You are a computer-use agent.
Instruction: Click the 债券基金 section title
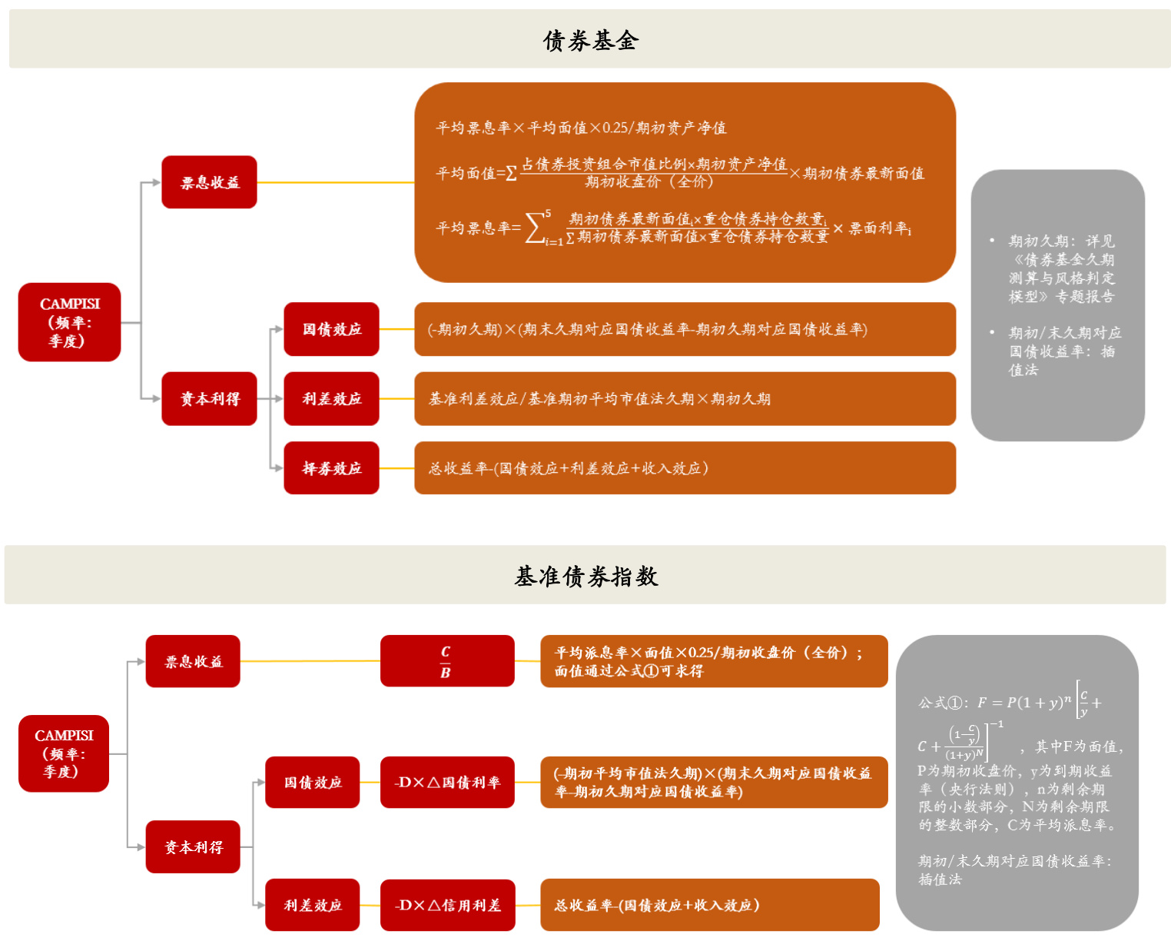pyautogui.click(x=590, y=40)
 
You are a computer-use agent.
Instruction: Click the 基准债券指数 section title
pyautogui.click(x=585, y=576)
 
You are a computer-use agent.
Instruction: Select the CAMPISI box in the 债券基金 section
pyautogui.click(x=69, y=322)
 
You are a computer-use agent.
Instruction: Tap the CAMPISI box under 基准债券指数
pyautogui.click(x=64, y=753)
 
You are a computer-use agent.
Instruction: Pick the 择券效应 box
pyautogui.click(x=331, y=468)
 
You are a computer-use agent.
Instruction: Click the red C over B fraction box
pyautogui.click(x=446, y=661)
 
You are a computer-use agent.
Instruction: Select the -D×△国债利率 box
pyautogui.click(x=447, y=783)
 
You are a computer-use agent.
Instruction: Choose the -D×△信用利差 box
pyautogui.click(x=447, y=905)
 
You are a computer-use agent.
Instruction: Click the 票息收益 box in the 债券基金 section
pyautogui.click(x=209, y=182)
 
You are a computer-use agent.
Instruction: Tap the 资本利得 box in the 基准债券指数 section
pyautogui.click(x=193, y=846)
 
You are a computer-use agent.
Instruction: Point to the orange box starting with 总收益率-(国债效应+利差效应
pyautogui.click(x=684, y=468)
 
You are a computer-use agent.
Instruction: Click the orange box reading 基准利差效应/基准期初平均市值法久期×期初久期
pyautogui.click(x=684, y=399)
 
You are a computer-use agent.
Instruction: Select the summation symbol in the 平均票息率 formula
pyautogui.click(x=536, y=228)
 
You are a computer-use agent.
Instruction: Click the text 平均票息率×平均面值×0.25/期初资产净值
pyautogui.click(x=581, y=128)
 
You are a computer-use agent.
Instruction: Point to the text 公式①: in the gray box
pyautogui.click(x=942, y=703)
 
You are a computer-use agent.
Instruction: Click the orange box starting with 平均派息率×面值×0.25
pyautogui.click(x=713, y=661)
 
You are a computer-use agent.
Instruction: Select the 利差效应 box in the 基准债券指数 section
pyautogui.click(x=312, y=905)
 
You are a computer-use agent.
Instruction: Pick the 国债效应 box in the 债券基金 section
pyautogui.click(x=331, y=329)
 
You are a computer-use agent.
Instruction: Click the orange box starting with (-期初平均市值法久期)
pyautogui.click(x=713, y=783)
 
